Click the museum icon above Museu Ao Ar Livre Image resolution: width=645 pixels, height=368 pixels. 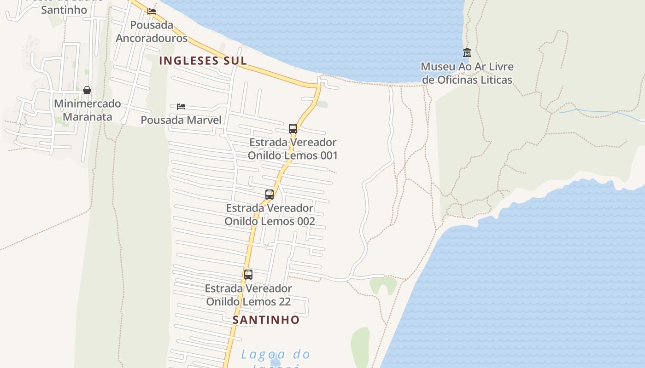pyautogui.click(x=467, y=52)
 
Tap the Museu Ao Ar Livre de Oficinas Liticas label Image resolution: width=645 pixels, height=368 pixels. pyautogui.click(x=467, y=73)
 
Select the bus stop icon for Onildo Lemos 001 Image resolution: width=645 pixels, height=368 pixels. pyautogui.click(x=293, y=128)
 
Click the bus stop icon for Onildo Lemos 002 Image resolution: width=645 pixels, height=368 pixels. pyautogui.click(x=270, y=194)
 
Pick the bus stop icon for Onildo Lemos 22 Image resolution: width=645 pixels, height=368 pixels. pyautogui.click(x=248, y=275)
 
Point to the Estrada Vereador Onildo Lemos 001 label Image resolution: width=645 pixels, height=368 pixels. pyautogui.click(x=293, y=149)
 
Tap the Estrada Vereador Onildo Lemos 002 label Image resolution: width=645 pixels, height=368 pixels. pyautogui.click(x=270, y=214)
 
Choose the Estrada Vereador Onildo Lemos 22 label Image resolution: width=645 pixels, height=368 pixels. pyautogui.click(x=248, y=295)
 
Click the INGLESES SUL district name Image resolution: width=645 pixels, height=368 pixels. pyautogui.click(x=203, y=61)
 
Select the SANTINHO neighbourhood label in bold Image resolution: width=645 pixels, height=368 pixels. pyautogui.click(x=266, y=320)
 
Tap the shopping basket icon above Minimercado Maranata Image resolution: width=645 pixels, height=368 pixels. pyautogui.click(x=87, y=90)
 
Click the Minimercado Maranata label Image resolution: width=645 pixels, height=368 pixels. pyautogui.click(x=88, y=110)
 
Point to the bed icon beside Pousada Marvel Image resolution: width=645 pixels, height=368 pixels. pyautogui.click(x=181, y=107)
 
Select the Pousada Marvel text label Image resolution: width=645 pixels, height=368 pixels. pyautogui.click(x=181, y=120)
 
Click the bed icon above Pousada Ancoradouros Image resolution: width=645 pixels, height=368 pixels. pyautogui.click(x=152, y=11)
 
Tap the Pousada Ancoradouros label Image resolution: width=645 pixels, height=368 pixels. pyautogui.click(x=152, y=31)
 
